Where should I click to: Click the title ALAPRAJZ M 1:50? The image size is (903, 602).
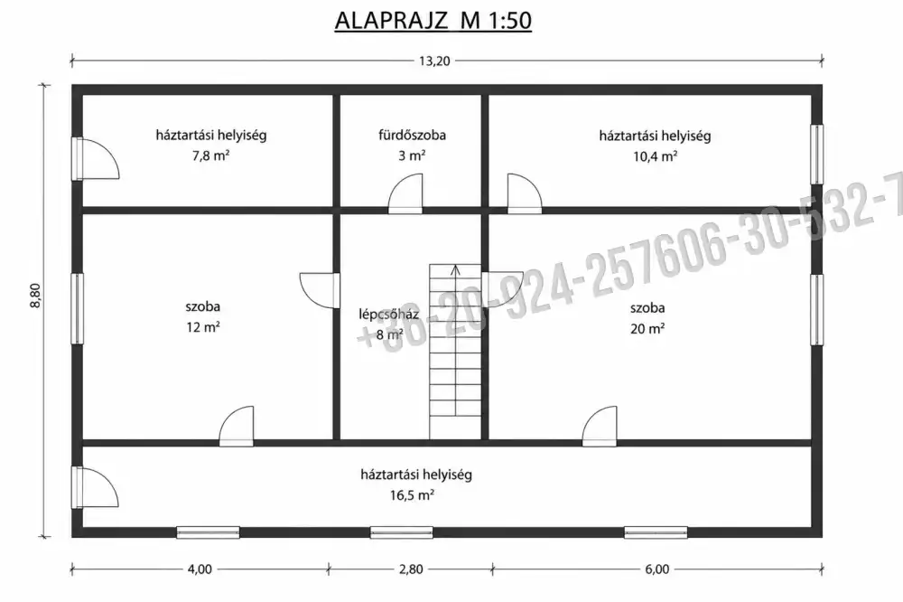click(x=433, y=21)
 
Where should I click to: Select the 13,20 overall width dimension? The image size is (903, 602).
click(x=434, y=61)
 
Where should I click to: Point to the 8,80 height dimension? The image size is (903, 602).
click(x=36, y=296)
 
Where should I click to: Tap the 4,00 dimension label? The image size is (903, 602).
click(x=200, y=569)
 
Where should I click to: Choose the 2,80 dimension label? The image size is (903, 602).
click(x=411, y=569)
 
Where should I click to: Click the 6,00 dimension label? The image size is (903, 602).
click(x=657, y=569)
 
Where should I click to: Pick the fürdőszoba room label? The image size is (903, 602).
click(x=413, y=135)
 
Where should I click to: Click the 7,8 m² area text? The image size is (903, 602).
click(x=210, y=155)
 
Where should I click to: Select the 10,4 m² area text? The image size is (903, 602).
click(x=656, y=155)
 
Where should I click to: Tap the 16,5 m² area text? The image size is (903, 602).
click(x=412, y=494)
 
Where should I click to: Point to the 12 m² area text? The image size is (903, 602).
click(x=202, y=327)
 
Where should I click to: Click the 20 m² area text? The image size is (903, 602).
click(x=647, y=328)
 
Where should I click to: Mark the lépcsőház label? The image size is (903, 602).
click(x=388, y=315)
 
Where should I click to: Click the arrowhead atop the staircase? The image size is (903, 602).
click(x=455, y=268)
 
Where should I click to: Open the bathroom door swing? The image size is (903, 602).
click(x=405, y=193)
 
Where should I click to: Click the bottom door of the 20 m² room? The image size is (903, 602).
click(x=600, y=426)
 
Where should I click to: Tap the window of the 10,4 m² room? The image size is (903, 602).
click(x=816, y=154)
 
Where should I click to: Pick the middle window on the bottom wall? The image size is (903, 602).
click(x=402, y=532)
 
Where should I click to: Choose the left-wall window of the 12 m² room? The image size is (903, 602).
click(x=77, y=308)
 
